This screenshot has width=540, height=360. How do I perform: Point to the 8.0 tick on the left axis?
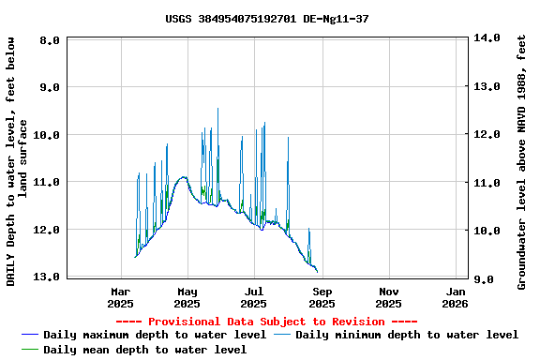click(51, 40)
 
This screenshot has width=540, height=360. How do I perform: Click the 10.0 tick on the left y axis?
click(47, 135)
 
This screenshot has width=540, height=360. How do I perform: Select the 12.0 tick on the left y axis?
click(47, 230)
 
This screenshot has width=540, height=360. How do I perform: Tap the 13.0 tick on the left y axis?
click(47, 277)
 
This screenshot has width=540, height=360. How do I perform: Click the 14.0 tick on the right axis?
click(488, 38)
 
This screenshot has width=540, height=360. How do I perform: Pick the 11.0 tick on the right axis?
click(488, 183)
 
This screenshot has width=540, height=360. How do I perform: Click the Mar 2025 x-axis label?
click(120, 297)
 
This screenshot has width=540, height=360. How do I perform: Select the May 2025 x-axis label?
click(187, 297)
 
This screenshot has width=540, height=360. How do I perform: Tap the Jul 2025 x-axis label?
click(254, 297)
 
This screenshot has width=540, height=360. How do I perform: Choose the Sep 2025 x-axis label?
click(322, 297)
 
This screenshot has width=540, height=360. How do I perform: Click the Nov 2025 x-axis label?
click(389, 297)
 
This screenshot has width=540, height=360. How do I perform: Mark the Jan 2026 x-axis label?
click(455, 297)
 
